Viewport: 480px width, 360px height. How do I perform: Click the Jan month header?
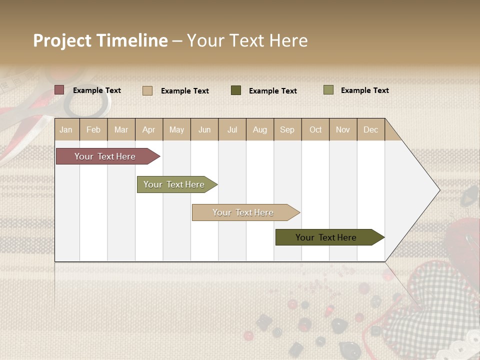66,129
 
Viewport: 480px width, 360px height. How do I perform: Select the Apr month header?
148,129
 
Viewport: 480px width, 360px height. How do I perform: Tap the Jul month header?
232,129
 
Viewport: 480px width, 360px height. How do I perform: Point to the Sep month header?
287,129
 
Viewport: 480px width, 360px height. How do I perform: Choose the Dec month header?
370,129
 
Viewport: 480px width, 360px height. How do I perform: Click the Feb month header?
93,129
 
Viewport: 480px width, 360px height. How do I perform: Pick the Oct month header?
315,129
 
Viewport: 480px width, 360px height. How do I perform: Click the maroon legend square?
59,90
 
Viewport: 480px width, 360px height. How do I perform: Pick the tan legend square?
147,90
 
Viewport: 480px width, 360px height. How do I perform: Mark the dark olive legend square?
236,90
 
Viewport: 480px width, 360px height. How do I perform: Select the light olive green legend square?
328,90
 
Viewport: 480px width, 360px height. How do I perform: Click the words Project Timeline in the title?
100,40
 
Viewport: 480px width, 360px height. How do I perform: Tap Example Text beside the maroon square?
97,90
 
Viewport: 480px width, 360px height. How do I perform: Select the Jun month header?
204,129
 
